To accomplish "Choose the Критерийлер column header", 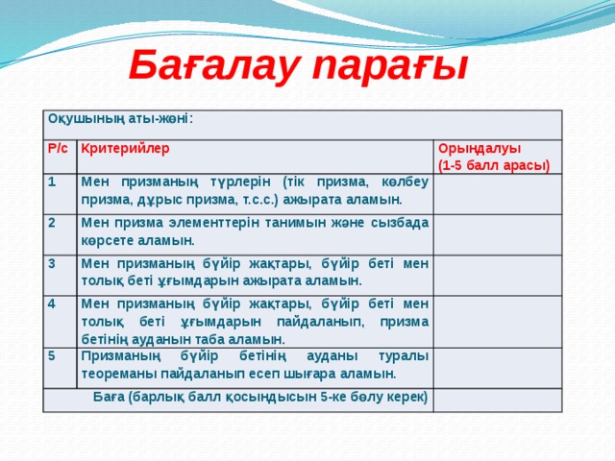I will [x=125, y=149].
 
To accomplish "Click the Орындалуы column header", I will [x=479, y=149].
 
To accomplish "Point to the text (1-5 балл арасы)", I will [x=493, y=165].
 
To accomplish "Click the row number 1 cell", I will [x=53, y=181].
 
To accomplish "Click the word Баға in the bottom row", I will [x=109, y=398].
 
